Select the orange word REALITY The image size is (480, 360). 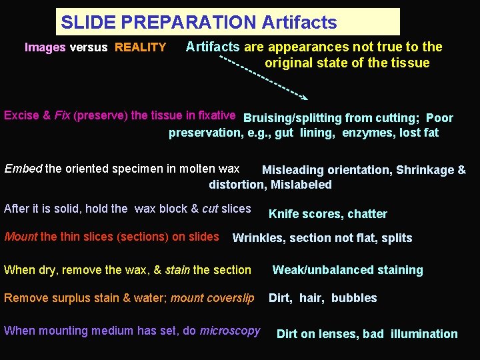click(x=140, y=47)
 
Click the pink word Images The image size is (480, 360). click(x=45, y=47)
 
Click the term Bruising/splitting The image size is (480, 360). click(x=293, y=119)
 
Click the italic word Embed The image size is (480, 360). click(x=23, y=169)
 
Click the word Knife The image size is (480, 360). click(x=284, y=214)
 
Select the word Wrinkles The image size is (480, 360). click(x=257, y=238)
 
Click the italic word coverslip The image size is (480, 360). click(x=231, y=298)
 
